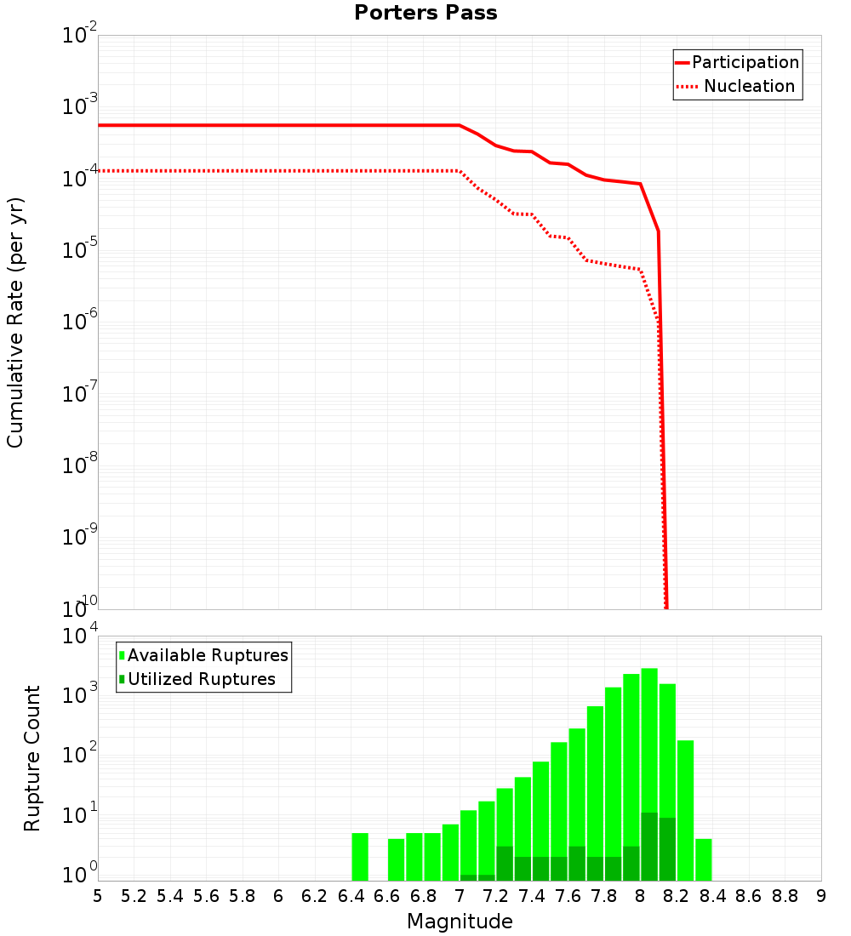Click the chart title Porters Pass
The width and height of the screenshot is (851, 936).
coord(425,13)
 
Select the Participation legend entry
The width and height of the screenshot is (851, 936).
coord(745,62)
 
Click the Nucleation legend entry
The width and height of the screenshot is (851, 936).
coord(748,86)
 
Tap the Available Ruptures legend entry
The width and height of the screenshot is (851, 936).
coord(208,655)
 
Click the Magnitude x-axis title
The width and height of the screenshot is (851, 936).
coord(460,922)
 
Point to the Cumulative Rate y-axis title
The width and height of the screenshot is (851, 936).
coord(15,322)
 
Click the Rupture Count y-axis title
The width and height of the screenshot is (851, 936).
coord(32,758)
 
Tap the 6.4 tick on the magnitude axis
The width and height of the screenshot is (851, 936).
coord(351,896)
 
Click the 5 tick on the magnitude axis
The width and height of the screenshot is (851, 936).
coord(98,896)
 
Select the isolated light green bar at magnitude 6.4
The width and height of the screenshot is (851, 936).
coord(360,857)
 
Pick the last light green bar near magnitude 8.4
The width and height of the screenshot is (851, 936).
coord(703,859)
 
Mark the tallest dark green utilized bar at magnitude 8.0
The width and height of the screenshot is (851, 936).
coord(649,847)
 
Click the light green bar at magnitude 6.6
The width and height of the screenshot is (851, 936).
coord(396,859)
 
